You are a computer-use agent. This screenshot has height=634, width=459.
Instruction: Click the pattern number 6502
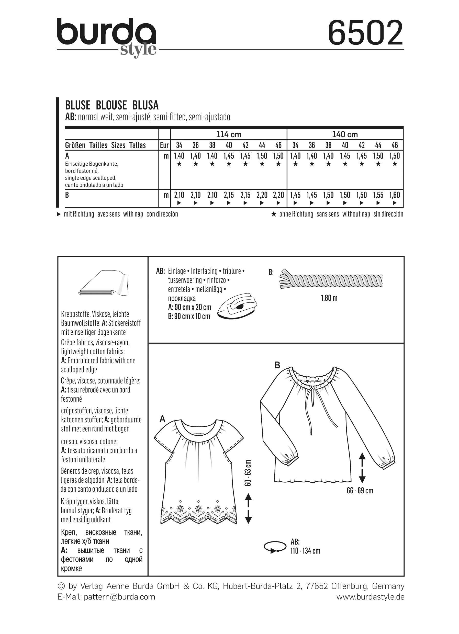pos(365,33)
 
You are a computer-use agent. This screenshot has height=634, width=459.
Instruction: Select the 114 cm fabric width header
pos(228,134)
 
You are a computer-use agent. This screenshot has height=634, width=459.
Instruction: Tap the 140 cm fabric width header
pos(345,134)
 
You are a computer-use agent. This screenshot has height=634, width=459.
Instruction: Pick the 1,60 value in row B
pos(394,195)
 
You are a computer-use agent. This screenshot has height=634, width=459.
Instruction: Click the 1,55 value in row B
pos(378,195)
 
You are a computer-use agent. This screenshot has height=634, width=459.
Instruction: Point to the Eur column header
pos(164,145)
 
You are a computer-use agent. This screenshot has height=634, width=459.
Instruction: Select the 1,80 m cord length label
pos(329,298)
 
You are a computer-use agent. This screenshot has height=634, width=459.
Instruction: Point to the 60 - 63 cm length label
pos(248,473)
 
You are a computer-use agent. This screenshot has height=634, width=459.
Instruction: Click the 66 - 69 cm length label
pos(360,491)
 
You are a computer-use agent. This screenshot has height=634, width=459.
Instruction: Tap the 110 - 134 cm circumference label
pos(305,551)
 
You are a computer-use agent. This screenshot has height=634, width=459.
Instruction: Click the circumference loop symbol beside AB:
pos(275,547)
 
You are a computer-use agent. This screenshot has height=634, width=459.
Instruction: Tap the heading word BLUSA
pos(145,105)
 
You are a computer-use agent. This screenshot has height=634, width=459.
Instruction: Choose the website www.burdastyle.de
pos(370,597)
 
